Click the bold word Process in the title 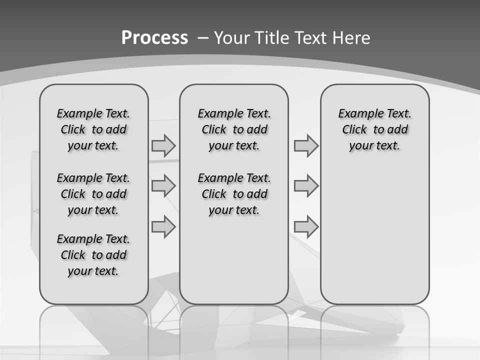154,38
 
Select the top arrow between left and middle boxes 163,146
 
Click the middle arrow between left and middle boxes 163,186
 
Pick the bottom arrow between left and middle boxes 163,226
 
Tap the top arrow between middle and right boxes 306,146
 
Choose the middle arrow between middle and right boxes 306,186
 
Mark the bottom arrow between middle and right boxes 306,226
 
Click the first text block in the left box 93,129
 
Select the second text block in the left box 93,194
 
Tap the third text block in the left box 93,255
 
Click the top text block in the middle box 234,129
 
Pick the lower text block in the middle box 234,194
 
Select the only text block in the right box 374,129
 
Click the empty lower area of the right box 374,235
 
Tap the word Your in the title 232,38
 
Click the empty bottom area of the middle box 234,265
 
